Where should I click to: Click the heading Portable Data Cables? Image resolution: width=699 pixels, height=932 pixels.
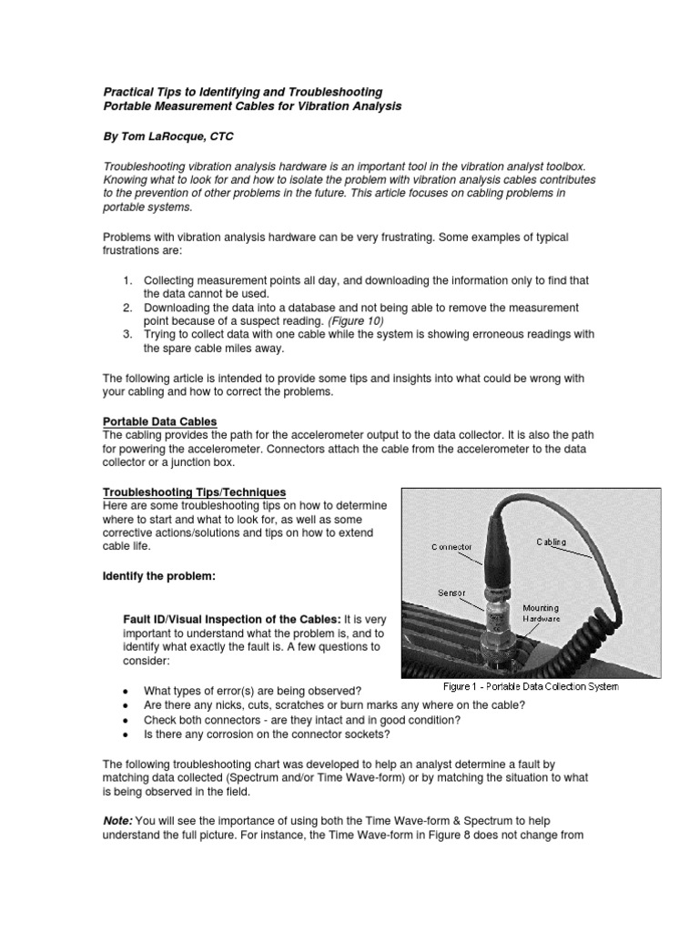coord(159,421)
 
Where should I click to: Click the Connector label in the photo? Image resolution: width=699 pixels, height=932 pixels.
coord(451,547)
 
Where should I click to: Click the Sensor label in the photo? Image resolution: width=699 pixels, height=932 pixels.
coord(452,592)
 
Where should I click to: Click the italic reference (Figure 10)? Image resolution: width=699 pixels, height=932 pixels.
coord(356,321)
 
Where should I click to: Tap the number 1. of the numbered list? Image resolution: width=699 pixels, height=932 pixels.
coord(127,282)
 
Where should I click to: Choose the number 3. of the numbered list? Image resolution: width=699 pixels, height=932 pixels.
coord(127,334)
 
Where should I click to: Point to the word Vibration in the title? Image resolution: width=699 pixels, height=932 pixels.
coord(330,106)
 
